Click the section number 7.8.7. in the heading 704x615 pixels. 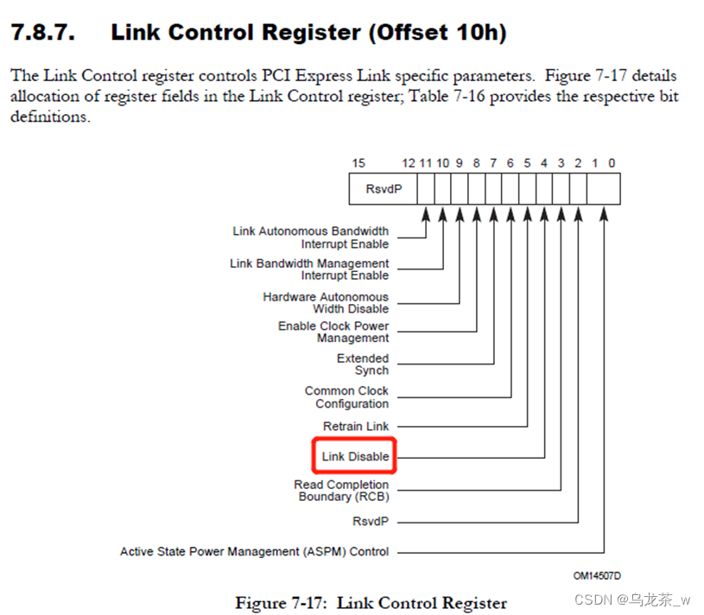(x=42, y=33)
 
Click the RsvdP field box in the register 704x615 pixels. (x=384, y=188)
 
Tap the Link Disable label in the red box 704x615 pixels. (x=355, y=456)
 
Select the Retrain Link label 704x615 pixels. (x=356, y=426)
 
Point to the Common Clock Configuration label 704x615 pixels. (x=346, y=397)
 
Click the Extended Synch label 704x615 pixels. (x=363, y=365)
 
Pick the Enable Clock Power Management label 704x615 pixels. (x=333, y=332)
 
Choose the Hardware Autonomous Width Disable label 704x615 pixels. (x=326, y=302)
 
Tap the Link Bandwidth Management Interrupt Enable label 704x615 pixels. (x=309, y=269)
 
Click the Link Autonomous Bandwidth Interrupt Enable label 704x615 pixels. (x=310, y=238)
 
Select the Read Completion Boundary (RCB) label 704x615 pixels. (x=341, y=491)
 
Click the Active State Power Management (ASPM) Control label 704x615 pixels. (x=255, y=551)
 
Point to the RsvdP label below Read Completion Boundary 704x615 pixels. (x=371, y=521)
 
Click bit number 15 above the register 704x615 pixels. (x=358, y=162)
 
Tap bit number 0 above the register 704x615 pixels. (x=612, y=162)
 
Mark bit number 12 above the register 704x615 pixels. (x=409, y=162)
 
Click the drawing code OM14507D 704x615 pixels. (x=597, y=574)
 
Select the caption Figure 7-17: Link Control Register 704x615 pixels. (x=371, y=602)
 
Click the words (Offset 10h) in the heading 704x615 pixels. (x=430, y=33)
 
